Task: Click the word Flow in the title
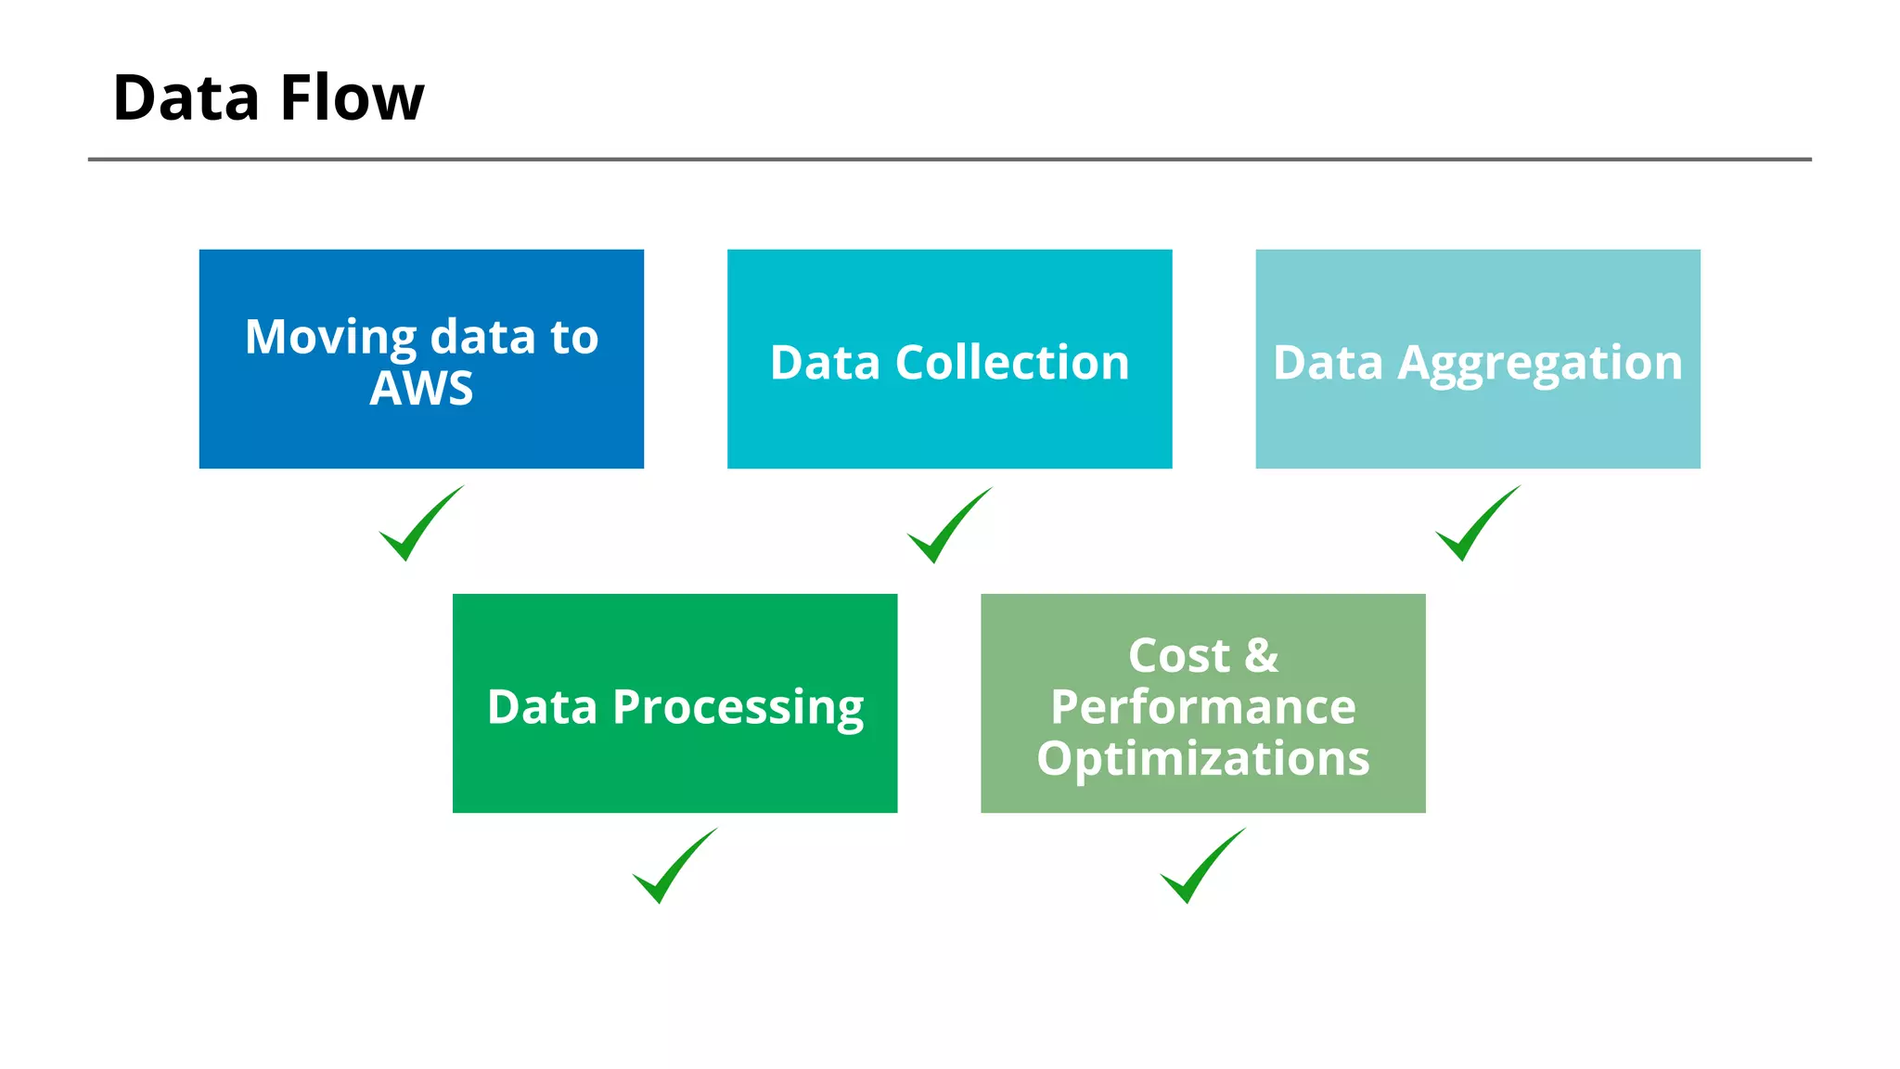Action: coord(352,98)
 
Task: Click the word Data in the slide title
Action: coord(186,98)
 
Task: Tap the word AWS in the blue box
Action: coord(421,388)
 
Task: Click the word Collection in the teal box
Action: coord(1012,362)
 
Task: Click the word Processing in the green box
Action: coord(738,709)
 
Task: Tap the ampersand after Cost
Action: coord(1261,656)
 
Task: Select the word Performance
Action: coord(1203,707)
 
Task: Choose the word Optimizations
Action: coord(1203,759)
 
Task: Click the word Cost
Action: coord(1178,656)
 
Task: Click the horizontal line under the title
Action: coord(949,160)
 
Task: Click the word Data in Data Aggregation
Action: coord(1328,362)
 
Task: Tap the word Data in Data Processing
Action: coord(542,707)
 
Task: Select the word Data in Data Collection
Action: coord(825,362)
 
